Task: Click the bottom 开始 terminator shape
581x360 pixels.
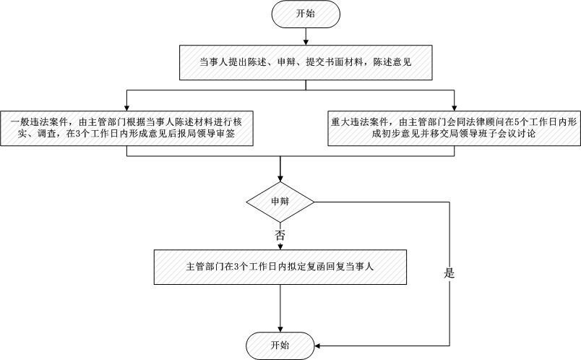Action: [x=280, y=345]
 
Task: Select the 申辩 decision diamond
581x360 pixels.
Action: [x=280, y=200]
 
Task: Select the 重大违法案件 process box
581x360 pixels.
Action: [x=454, y=128]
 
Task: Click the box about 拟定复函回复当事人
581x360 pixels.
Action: [x=280, y=267]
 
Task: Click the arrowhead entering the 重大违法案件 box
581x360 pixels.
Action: [x=454, y=106]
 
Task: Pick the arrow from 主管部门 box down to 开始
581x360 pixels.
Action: [x=280, y=307]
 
